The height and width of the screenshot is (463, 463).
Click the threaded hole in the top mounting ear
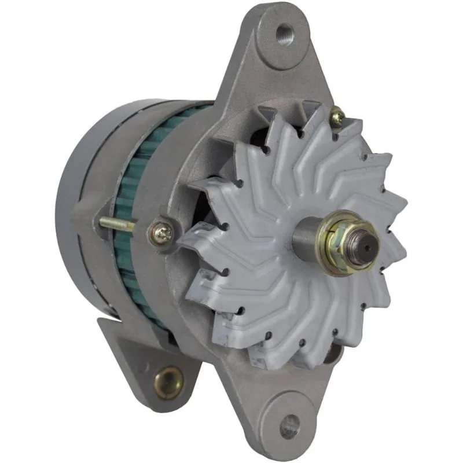[x=285, y=31]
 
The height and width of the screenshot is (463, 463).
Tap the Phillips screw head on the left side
[x=158, y=229]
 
